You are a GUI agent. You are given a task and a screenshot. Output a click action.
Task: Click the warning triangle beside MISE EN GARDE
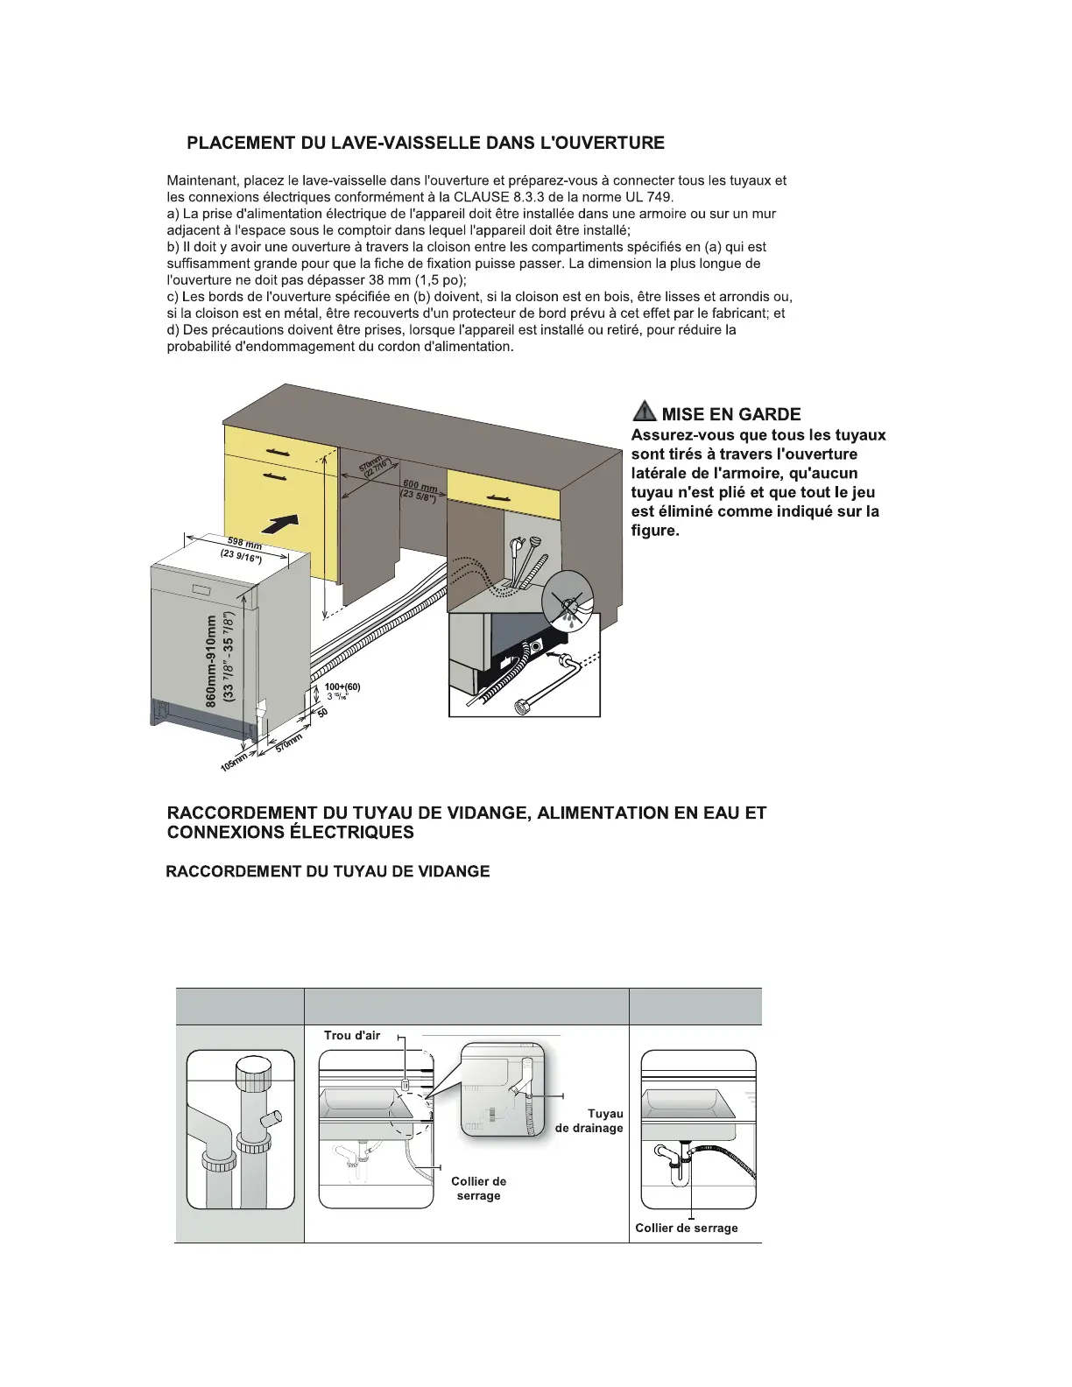pyautogui.click(x=644, y=412)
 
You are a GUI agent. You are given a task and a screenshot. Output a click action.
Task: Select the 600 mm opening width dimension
pyautogui.click(x=420, y=486)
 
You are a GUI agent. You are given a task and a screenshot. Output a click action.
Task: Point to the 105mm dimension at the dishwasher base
pyautogui.click(x=232, y=763)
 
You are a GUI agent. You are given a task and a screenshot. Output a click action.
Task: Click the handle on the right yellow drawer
pyautogui.click(x=504, y=487)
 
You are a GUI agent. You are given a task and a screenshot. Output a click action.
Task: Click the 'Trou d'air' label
pyautogui.click(x=352, y=1036)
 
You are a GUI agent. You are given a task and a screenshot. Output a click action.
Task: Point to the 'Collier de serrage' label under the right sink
pyautogui.click(x=687, y=1228)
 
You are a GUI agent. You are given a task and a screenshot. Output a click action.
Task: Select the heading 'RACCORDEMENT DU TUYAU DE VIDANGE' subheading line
pyautogui.click(x=328, y=871)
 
